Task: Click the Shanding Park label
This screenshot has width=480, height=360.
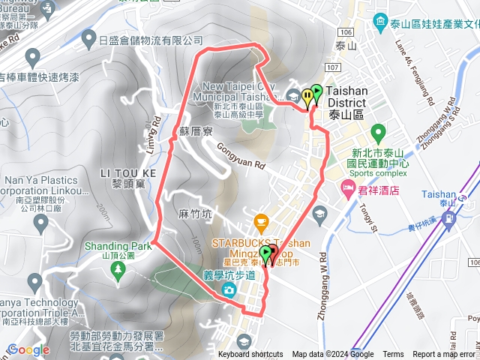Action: (x=118, y=245)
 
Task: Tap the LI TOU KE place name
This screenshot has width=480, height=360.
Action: (x=127, y=173)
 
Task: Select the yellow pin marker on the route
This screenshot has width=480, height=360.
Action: (x=307, y=97)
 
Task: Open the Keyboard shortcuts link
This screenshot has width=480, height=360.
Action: (x=250, y=355)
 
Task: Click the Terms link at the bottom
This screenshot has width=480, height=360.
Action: (x=393, y=355)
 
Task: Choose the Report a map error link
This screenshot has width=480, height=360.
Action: (x=443, y=355)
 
